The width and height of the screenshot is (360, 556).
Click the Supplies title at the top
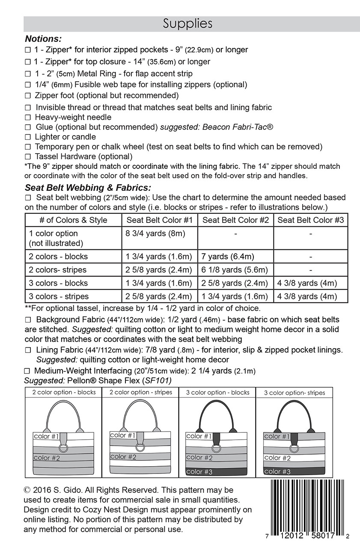click(x=187, y=24)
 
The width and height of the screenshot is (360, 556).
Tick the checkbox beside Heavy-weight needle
click(x=28, y=117)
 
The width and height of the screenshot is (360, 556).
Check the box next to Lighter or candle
click(x=28, y=137)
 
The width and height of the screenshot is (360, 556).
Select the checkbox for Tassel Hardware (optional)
click(x=28, y=157)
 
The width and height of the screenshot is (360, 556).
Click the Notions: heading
click(x=43, y=39)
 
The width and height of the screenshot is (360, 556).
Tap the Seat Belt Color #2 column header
click(x=235, y=220)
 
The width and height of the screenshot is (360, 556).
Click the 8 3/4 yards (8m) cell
click(x=155, y=234)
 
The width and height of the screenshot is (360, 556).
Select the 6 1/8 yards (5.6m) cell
click(x=235, y=270)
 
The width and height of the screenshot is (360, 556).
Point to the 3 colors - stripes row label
click(x=59, y=296)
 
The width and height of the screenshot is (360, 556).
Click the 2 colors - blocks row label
click(x=58, y=257)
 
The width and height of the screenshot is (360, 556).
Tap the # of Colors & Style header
click(x=73, y=220)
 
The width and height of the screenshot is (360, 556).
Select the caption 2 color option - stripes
click(x=140, y=392)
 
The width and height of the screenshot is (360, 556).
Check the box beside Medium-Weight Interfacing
click(x=28, y=371)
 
